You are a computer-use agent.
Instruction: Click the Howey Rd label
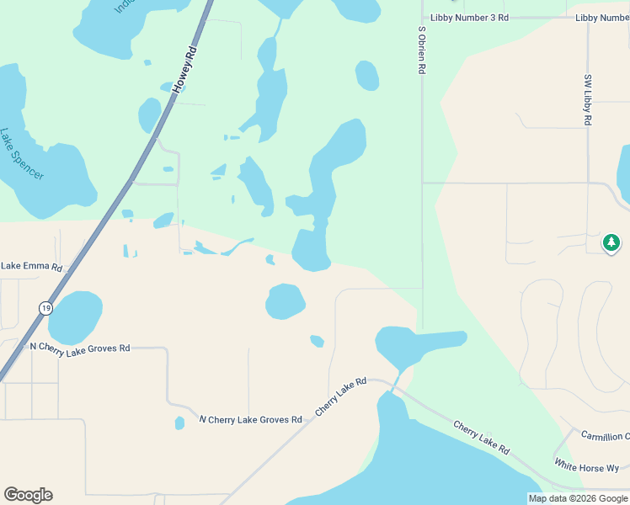(184, 70)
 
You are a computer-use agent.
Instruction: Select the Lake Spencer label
(23, 153)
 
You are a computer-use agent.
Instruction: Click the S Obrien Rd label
(422, 50)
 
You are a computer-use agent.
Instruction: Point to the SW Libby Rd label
(588, 99)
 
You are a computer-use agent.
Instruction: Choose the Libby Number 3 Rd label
(469, 17)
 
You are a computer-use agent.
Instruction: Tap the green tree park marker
(611, 243)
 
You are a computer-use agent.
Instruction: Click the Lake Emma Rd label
(32, 267)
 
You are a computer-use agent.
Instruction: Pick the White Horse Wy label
(586, 465)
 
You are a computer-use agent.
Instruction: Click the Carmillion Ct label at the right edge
(605, 436)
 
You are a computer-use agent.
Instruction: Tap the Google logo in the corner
(28, 495)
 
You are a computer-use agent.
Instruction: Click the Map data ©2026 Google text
(578, 498)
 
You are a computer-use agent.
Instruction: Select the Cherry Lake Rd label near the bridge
(341, 396)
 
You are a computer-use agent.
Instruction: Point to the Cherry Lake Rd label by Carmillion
(481, 438)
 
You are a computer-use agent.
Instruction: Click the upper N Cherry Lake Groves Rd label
(80, 348)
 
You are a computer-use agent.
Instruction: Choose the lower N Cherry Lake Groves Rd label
(250, 419)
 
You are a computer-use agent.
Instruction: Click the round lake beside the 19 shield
(75, 317)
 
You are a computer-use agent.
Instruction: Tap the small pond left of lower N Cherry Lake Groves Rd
(179, 423)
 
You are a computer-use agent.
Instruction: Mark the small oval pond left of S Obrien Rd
(367, 76)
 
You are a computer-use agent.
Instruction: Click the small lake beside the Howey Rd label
(149, 115)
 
